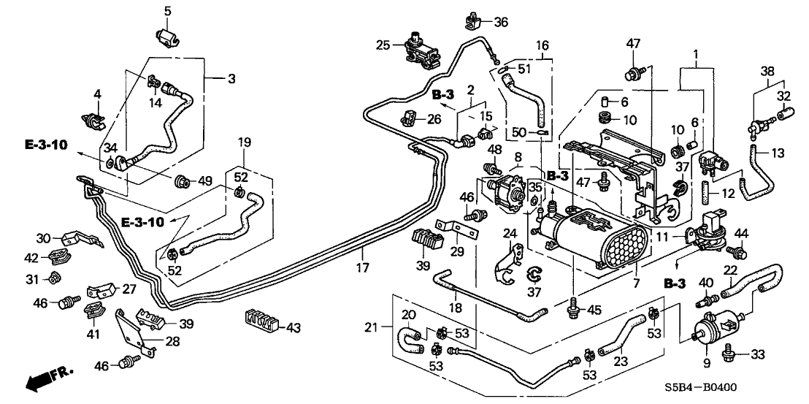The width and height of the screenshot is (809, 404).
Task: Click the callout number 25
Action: coord(383,45)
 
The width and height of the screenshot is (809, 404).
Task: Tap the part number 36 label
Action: coord(500,22)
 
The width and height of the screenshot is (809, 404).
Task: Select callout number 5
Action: coord(167,11)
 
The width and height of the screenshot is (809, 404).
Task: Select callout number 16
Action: coord(541,45)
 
